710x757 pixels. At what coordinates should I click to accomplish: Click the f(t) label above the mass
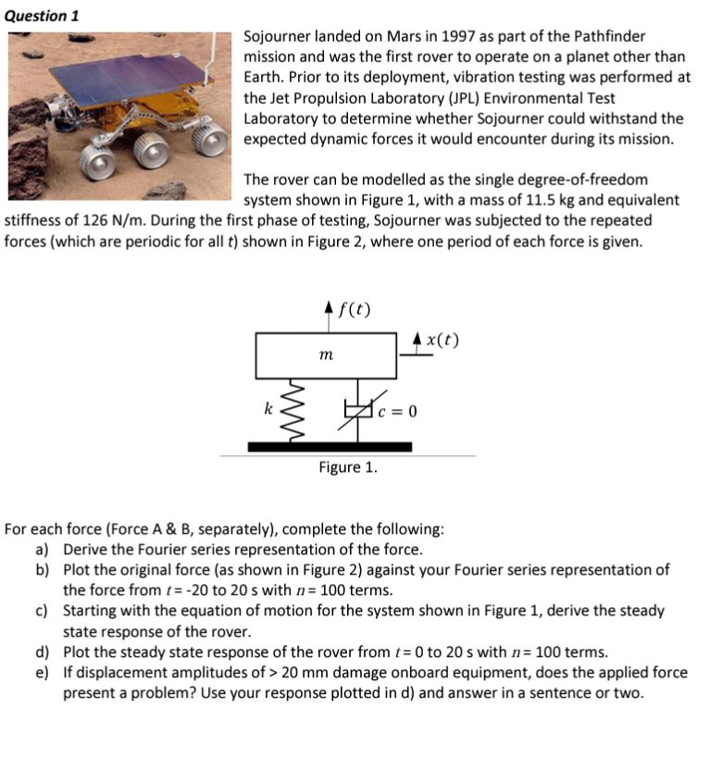tap(355, 308)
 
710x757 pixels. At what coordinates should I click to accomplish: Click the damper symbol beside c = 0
tap(357, 408)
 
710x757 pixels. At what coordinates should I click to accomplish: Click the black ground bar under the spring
tap(330, 447)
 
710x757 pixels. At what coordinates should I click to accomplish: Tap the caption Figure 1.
tap(347, 467)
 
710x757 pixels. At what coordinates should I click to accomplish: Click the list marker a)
tap(44, 550)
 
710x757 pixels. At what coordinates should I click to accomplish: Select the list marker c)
tap(44, 611)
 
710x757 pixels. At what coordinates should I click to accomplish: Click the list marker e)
tap(44, 672)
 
